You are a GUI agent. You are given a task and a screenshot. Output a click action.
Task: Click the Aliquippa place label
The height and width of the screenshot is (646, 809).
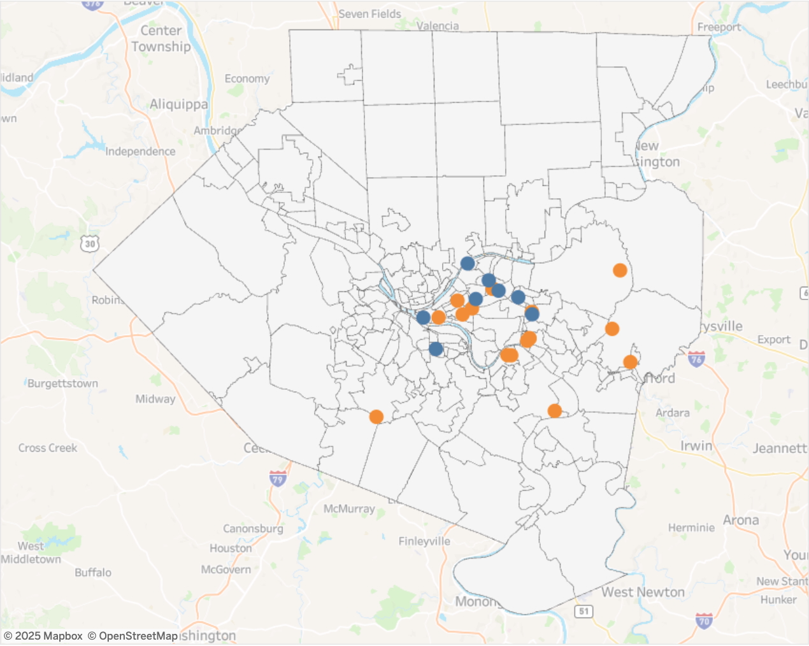(178, 104)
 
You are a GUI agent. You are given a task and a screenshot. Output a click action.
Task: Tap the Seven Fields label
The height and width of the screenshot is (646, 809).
(369, 14)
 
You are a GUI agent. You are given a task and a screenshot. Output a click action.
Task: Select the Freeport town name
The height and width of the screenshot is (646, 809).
(719, 27)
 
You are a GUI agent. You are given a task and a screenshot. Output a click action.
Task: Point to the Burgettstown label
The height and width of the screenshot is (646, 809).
(62, 384)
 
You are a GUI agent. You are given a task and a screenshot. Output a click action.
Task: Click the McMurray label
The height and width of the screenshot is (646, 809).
(349, 509)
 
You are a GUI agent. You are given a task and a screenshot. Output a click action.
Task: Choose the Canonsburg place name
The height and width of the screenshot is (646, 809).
(253, 529)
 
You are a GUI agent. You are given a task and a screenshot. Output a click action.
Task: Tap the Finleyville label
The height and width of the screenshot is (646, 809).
(424, 542)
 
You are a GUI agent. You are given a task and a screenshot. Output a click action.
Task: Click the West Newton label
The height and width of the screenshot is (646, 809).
(643, 592)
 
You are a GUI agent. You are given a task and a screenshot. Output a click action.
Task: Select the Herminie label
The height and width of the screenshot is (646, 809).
(691, 528)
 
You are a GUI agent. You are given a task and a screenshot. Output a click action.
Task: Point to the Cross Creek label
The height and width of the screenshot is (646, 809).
(48, 448)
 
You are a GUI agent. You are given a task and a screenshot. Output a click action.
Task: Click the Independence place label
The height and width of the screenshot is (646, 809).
(140, 152)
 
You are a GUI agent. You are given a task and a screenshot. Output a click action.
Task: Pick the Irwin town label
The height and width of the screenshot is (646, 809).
(696, 446)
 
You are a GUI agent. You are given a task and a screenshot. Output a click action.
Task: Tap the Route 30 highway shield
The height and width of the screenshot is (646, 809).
(90, 244)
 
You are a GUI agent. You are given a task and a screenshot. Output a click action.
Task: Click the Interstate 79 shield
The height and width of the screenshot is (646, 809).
(277, 478)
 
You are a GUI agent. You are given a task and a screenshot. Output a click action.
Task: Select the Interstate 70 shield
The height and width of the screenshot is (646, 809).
(703, 620)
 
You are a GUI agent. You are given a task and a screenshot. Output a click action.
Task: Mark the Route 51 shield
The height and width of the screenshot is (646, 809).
(583, 612)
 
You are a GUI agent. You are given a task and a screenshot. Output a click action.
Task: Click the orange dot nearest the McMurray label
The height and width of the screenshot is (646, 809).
(376, 417)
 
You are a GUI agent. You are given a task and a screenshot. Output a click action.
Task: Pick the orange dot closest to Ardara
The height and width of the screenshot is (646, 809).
(630, 362)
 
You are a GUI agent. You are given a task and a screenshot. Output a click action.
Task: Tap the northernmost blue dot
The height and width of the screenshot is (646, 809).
(468, 263)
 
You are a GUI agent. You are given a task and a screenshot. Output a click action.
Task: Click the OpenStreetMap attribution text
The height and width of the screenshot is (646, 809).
(132, 636)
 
